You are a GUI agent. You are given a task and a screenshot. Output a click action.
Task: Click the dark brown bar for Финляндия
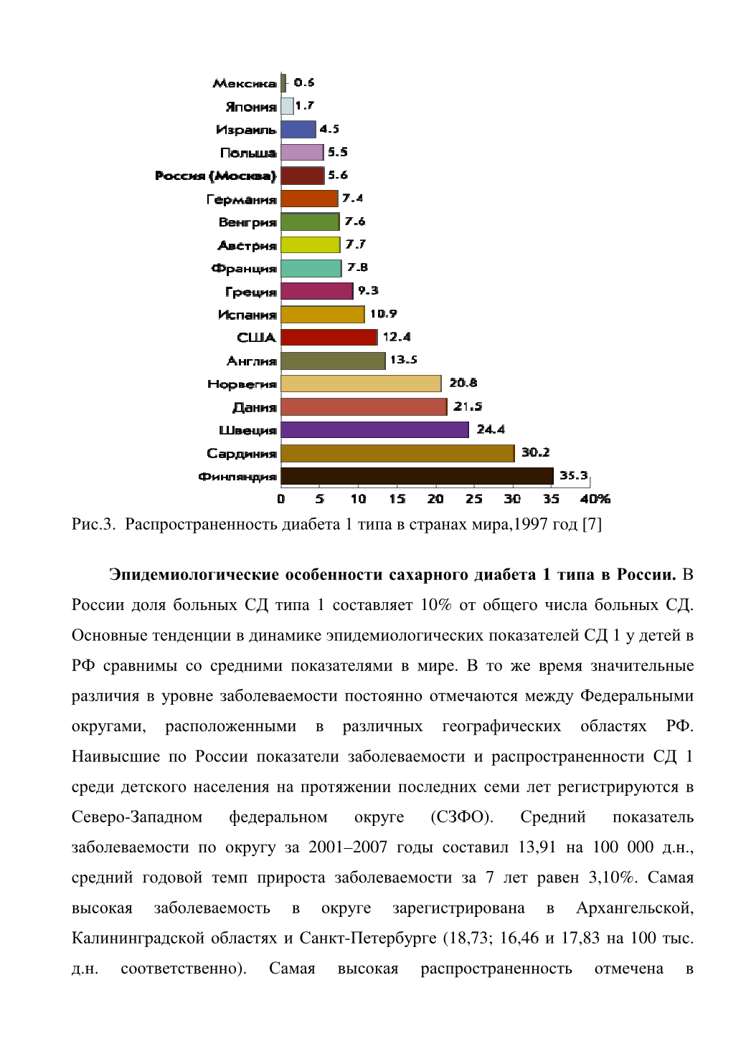click(417, 476)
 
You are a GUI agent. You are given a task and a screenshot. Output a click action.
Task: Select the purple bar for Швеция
click(375, 429)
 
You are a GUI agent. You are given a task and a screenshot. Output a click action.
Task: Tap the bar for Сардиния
click(397, 453)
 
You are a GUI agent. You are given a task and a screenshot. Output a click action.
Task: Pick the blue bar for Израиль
click(298, 129)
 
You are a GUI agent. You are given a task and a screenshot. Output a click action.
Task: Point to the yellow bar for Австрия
click(311, 244)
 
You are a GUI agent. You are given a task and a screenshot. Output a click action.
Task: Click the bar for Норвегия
click(362, 384)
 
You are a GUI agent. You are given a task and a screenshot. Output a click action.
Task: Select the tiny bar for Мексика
click(283, 83)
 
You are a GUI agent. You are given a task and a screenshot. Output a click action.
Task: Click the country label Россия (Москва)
click(215, 176)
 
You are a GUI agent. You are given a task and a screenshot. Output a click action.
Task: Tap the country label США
click(256, 338)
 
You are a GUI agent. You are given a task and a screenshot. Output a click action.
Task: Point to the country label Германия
click(242, 199)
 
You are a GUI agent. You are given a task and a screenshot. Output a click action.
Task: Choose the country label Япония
click(251, 107)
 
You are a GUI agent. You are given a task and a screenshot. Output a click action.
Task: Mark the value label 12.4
click(397, 337)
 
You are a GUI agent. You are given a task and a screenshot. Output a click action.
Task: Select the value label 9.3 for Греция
click(368, 290)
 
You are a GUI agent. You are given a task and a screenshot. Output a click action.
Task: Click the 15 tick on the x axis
click(397, 498)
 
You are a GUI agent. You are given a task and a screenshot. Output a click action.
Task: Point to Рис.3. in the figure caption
click(93, 524)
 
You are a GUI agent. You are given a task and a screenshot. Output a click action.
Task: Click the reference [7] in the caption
click(592, 524)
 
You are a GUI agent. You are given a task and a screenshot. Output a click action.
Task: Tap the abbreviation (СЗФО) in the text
click(462, 817)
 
